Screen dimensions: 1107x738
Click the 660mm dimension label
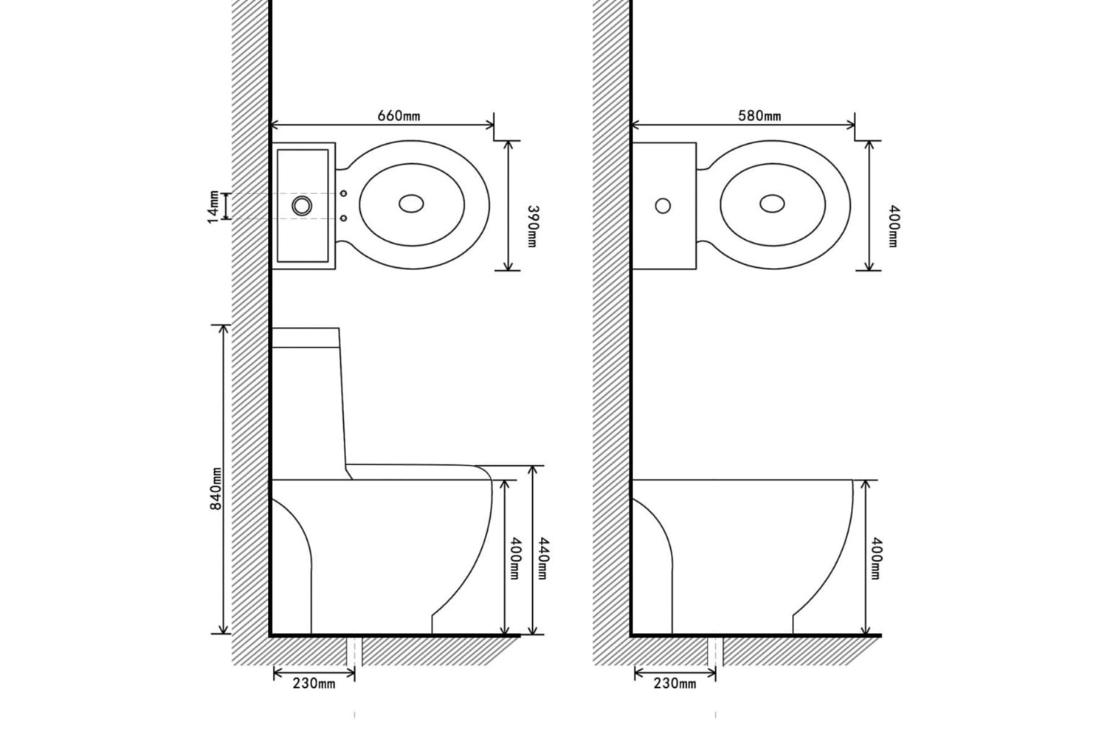(x=399, y=116)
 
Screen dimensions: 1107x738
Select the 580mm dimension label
(x=759, y=116)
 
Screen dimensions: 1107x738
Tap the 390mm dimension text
(x=532, y=227)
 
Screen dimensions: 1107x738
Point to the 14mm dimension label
(x=213, y=207)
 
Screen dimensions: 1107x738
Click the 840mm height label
(x=216, y=489)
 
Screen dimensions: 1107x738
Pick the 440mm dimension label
(x=542, y=559)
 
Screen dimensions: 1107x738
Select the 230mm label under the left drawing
(x=314, y=683)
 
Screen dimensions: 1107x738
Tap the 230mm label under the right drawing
(x=675, y=683)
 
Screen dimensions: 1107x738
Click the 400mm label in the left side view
(x=514, y=559)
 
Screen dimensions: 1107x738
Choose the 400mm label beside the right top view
(x=893, y=227)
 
